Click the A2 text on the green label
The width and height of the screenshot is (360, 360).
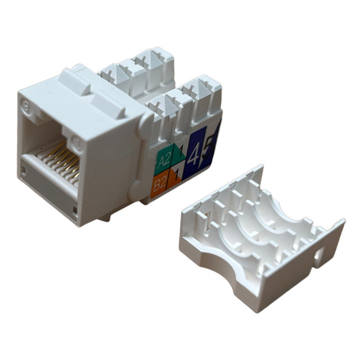pos(164,160)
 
